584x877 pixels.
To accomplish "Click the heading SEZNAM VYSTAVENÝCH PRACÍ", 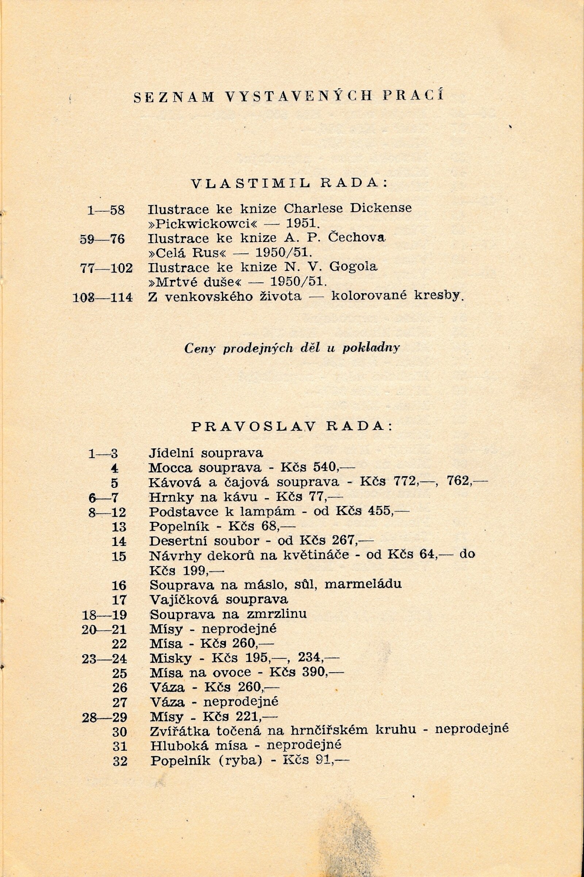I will coord(289,97).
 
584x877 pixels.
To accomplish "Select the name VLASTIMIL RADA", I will coord(289,183).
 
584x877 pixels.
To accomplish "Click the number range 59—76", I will coord(102,239).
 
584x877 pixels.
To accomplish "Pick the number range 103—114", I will coord(103,297).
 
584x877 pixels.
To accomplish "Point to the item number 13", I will coord(119,527).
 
